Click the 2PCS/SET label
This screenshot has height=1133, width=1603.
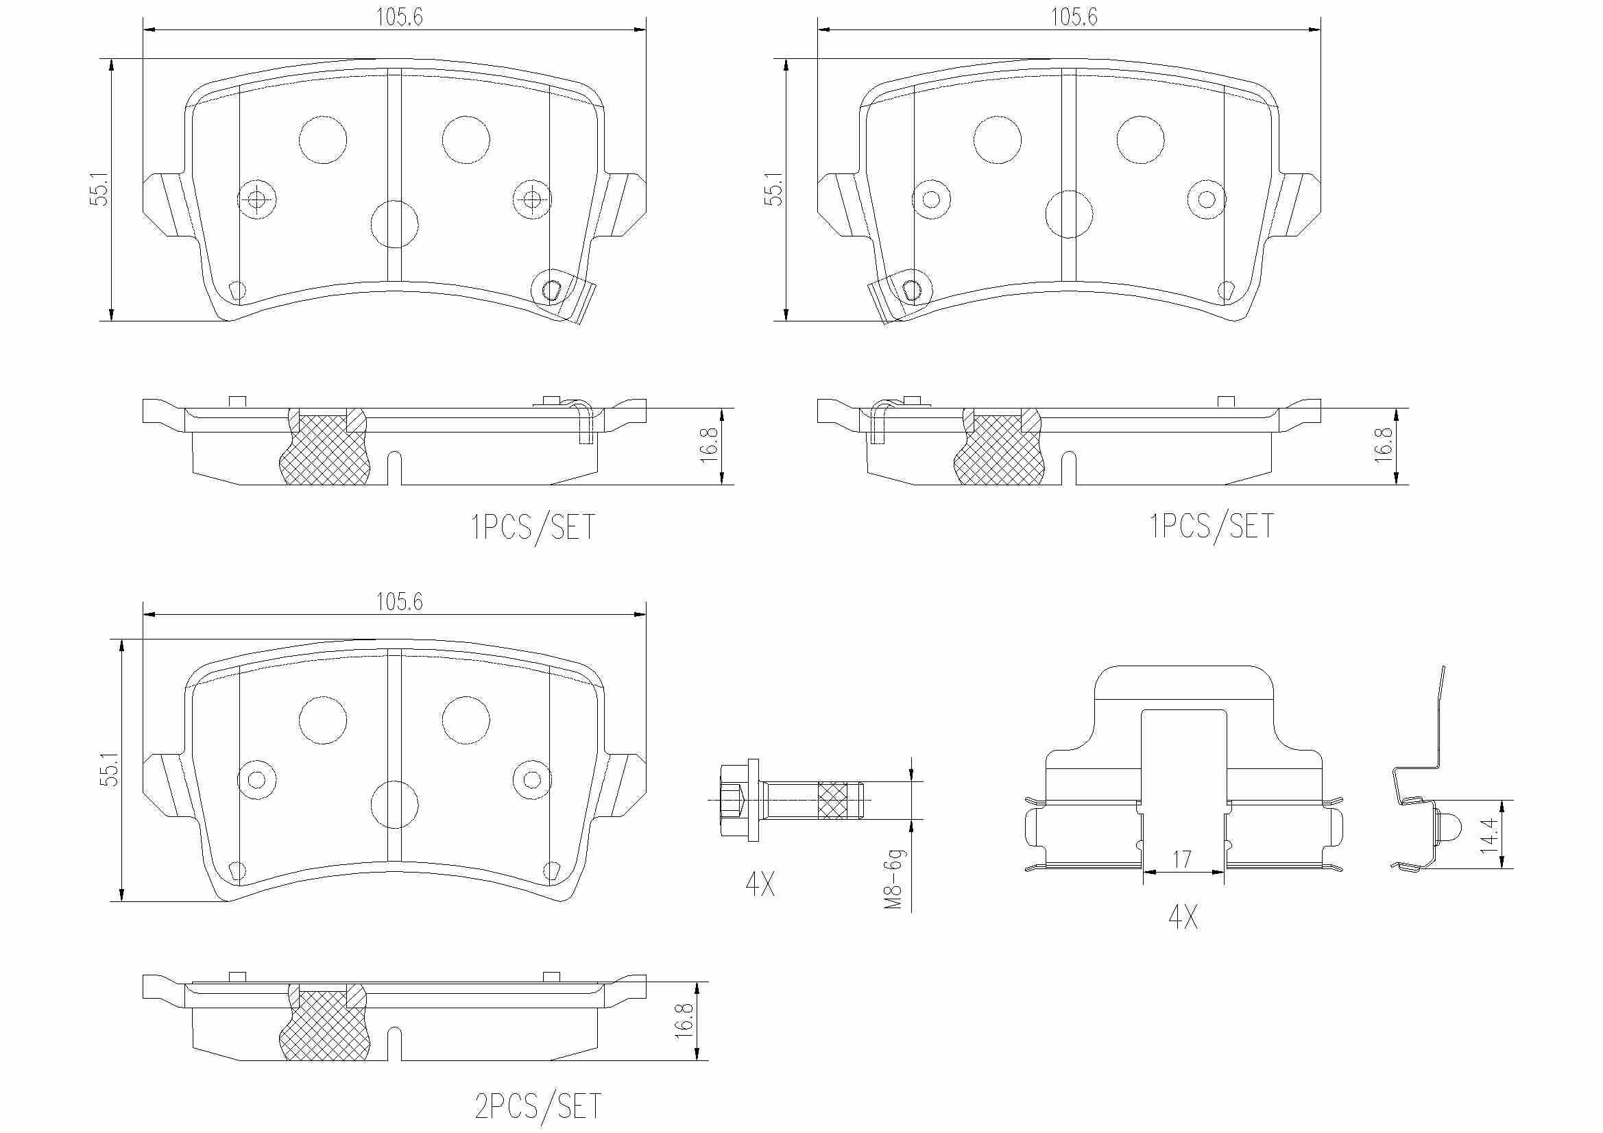point(538,1106)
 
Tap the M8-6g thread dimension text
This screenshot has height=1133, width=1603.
point(894,879)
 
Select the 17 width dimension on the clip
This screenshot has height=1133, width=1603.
point(1181,860)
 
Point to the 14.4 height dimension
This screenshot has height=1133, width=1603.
point(1490,835)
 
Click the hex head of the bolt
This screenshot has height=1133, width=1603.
point(733,800)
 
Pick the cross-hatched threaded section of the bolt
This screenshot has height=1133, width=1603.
point(834,800)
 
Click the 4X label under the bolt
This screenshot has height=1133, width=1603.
point(760,884)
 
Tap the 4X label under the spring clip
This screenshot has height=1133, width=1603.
point(1183,916)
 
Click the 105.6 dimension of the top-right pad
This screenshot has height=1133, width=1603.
point(1074,16)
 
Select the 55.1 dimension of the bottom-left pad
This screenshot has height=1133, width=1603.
point(110,769)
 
